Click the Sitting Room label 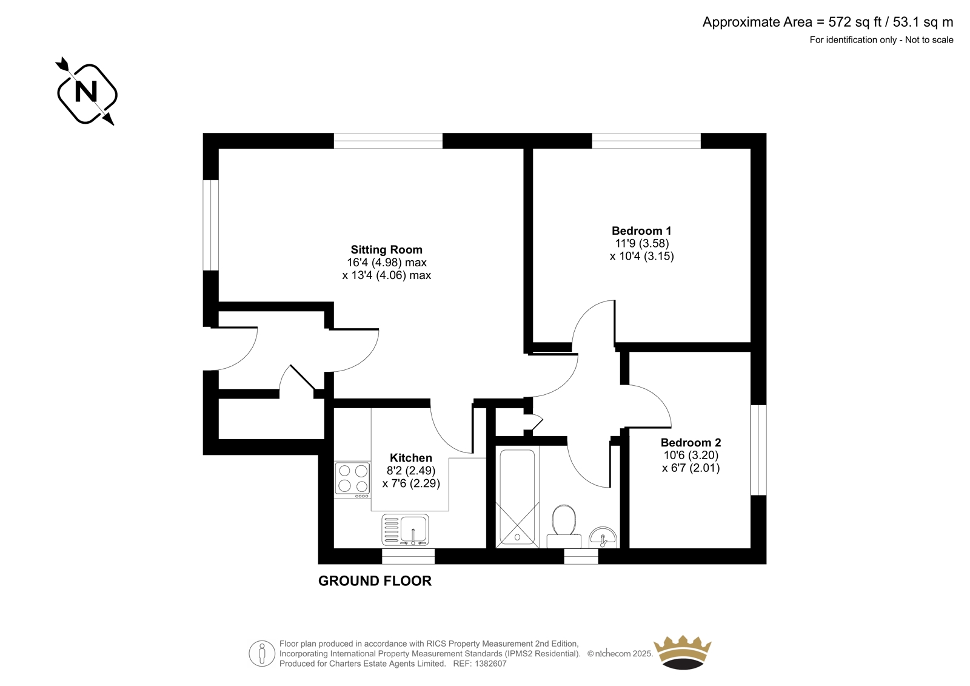386,250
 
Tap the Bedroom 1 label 641,230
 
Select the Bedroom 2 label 691,442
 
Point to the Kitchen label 411,457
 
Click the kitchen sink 405,530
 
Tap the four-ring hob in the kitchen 352,480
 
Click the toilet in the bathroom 564,526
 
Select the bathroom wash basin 603,537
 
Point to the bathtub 518,497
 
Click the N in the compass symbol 85,92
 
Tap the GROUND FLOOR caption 375,581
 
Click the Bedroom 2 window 758,450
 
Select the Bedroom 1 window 646,141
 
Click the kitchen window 408,556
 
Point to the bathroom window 581,556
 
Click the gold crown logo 683,652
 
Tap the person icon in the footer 262,653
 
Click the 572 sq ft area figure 855,22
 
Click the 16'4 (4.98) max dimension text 387,263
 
